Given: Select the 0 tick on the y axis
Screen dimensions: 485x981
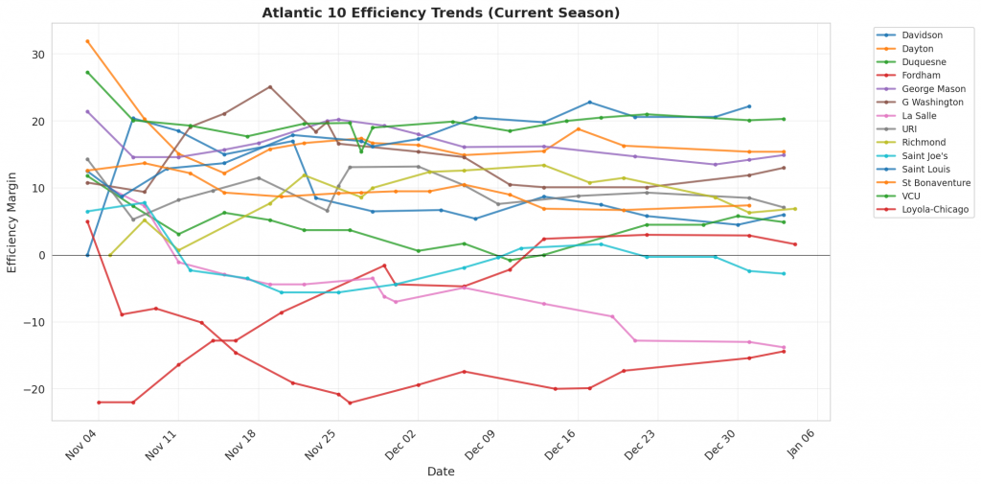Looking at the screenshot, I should (44, 256).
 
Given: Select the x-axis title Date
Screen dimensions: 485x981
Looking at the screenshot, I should (441, 472).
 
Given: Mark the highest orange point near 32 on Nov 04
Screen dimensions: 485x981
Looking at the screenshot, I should (87, 41).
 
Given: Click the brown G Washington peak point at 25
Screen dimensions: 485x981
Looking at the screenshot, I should (270, 87).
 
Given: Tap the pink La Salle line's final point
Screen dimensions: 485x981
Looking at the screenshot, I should (784, 348).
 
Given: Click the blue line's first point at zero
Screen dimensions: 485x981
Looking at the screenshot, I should (87, 255).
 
